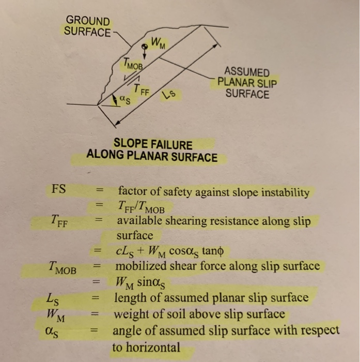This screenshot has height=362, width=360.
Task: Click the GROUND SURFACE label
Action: coord(87,26)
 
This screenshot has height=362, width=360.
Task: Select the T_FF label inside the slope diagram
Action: coord(141,90)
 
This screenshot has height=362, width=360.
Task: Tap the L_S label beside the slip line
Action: coord(167,96)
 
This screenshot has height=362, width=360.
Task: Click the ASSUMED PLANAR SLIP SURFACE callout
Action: coord(247,83)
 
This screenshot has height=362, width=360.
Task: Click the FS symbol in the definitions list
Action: coord(59,188)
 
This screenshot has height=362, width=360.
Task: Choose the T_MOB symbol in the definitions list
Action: coord(63,269)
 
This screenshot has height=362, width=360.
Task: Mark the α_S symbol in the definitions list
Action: coord(53,330)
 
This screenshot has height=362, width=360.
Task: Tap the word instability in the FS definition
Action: coord(284,193)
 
